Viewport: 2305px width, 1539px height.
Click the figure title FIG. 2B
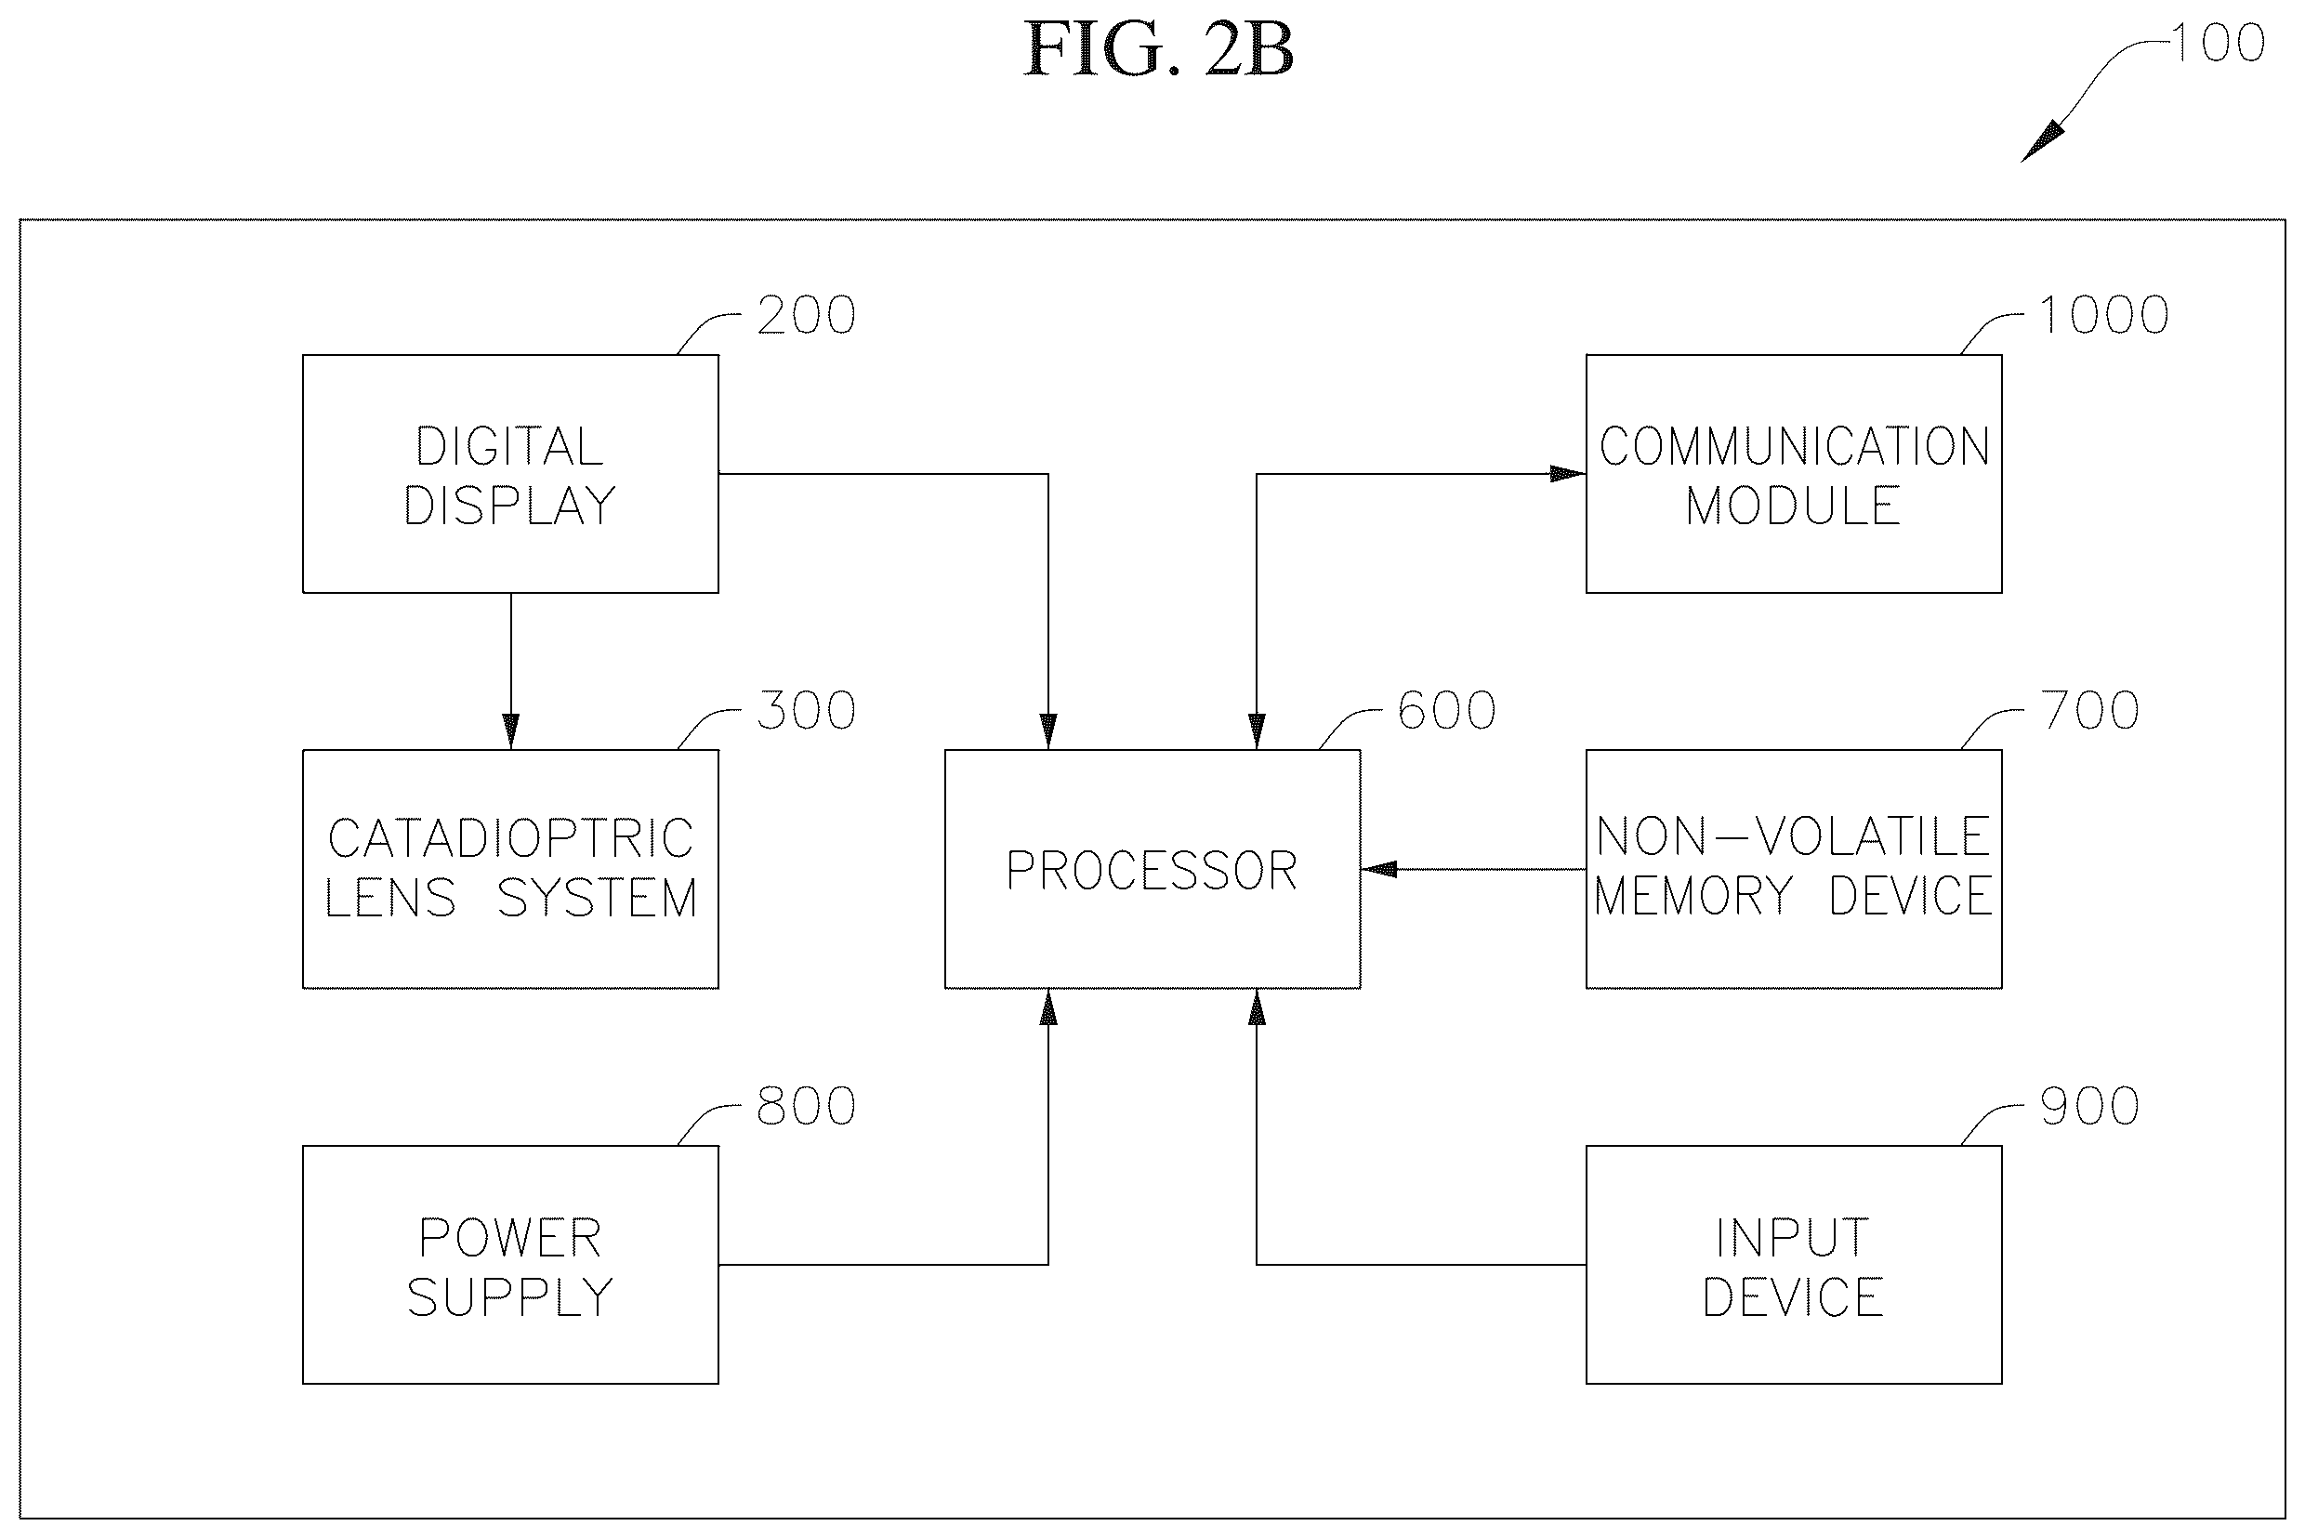(x=1158, y=50)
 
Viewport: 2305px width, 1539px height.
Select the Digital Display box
(x=510, y=474)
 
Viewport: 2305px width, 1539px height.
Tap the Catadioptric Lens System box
(x=510, y=869)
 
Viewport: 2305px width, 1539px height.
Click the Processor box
(x=1152, y=869)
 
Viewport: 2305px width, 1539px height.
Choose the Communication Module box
(x=1794, y=474)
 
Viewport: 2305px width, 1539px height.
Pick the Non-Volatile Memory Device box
(x=1794, y=869)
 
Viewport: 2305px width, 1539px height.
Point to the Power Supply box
(x=510, y=1265)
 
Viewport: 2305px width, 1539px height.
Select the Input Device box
(x=1794, y=1265)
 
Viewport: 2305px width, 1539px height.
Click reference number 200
(x=806, y=315)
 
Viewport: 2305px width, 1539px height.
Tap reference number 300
(x=806, y=711)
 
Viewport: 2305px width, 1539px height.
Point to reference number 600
(x=1447, y=711)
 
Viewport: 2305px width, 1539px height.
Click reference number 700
(x=2090, y=711)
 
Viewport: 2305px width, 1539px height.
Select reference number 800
(x=806, y=1106)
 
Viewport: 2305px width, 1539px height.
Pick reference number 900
(x=2090, y=1106)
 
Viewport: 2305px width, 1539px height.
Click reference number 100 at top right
(x=2218, y=43)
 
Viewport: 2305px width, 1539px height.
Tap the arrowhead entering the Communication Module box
(x=1568, y=474)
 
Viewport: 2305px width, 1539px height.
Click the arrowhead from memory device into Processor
(x=1379, y=869)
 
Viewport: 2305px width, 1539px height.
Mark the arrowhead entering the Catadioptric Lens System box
(x=510, y=732)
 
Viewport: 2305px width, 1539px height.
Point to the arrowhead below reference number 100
(x=2040, y=142)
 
